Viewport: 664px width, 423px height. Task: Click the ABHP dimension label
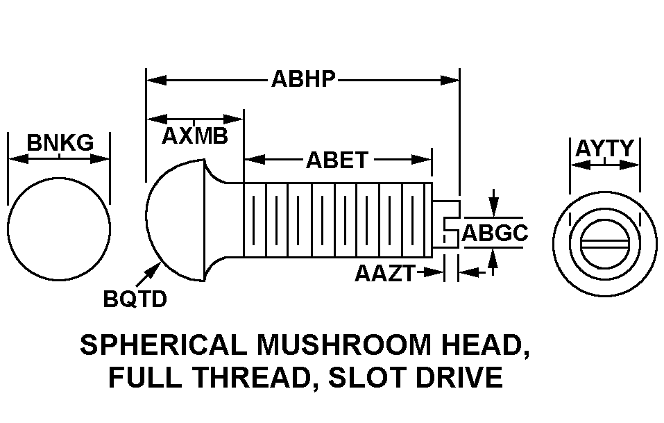[x=303, y=79]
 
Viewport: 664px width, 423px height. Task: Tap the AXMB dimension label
[x=195, y=136]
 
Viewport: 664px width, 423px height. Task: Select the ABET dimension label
[x=337, y=160]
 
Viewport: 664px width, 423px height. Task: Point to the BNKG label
[x=60, y=142]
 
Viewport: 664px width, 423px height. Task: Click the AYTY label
[x=604, y=149]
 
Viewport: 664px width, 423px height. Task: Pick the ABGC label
[x=495, y=233]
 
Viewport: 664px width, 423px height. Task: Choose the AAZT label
[x=385, y=274]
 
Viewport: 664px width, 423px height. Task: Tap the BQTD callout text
[x=135, y=299]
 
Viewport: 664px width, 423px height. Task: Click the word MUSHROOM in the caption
[x=343, y=345]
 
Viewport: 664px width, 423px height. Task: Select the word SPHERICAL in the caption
[x=163, y=345]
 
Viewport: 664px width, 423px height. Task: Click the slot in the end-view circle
[x=604, y=243]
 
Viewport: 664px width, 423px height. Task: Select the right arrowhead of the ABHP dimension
[x=450, y=80]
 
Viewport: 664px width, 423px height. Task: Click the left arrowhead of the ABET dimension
[x=255, y=160]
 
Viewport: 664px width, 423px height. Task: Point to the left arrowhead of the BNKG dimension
[x=18, y=159]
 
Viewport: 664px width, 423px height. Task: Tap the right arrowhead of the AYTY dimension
[x=629, y=165]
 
